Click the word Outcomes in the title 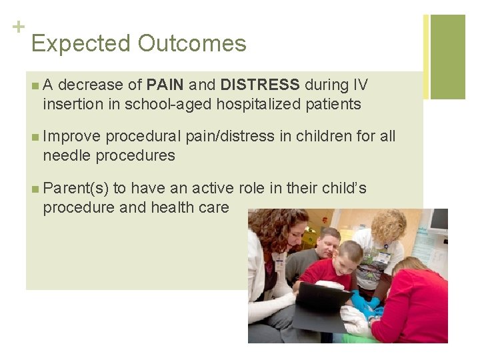(192, 44)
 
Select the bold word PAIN (165, 85)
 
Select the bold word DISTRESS (260, 85)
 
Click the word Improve (72, 137)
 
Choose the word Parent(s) (75, 189)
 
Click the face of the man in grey (326, 243)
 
